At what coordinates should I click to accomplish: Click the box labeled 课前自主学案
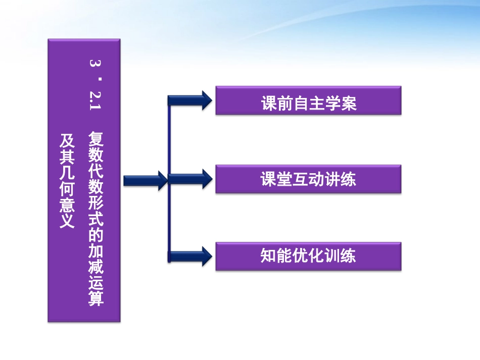(308, 100)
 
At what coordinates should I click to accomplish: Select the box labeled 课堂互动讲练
(308, 179)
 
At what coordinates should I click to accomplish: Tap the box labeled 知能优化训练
(308, 256)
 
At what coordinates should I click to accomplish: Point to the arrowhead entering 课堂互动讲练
(204, 179)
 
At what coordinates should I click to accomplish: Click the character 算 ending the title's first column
(96, 298)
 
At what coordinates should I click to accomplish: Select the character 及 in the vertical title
(67, 140)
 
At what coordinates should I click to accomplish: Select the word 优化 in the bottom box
(308, 256)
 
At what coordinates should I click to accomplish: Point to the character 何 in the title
(67, 188)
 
